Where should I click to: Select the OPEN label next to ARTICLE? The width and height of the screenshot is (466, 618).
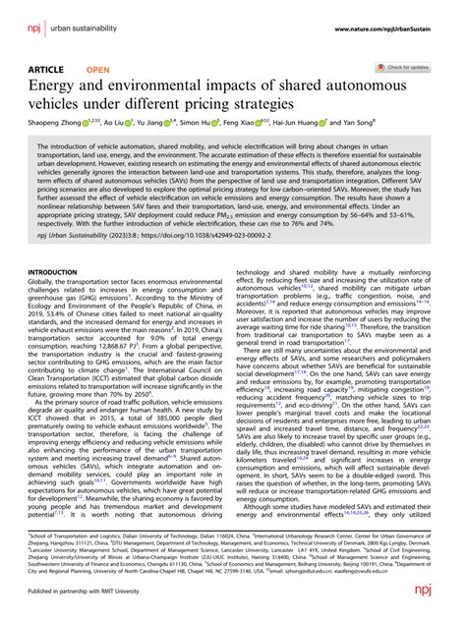tap(98, 70)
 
